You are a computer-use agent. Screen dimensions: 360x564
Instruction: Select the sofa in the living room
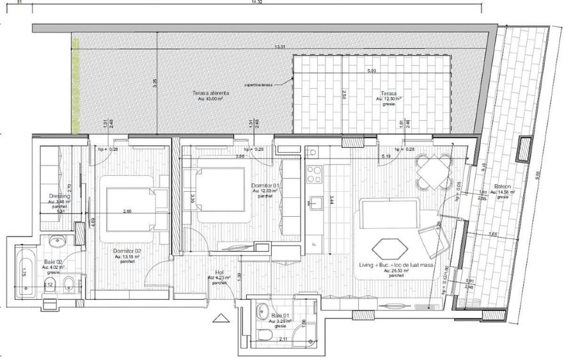(389, 213)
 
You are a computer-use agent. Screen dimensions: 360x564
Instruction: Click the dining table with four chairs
(432, 173)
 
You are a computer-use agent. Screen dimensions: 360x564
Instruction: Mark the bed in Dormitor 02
(137, 208)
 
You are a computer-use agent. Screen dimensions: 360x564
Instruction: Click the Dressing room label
(58, 197)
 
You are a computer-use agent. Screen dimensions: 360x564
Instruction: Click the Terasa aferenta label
(210, 93)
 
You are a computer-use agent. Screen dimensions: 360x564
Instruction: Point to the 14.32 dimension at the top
(256, 3)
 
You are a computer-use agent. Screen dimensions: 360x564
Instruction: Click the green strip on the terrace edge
(75, 86)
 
